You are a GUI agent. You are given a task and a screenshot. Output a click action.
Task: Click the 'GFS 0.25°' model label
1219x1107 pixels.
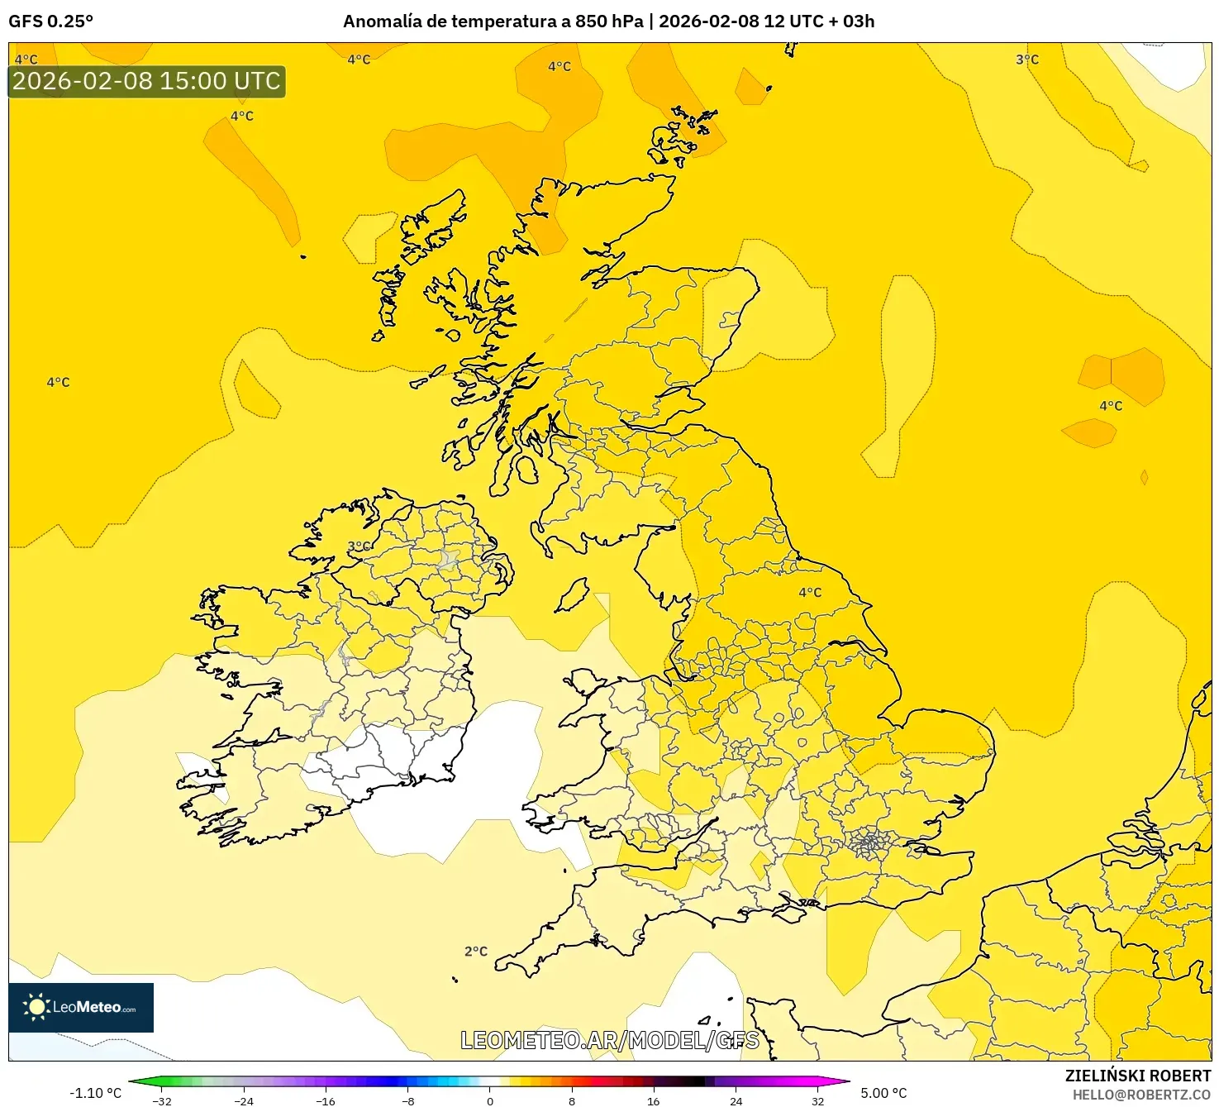click(50, 21)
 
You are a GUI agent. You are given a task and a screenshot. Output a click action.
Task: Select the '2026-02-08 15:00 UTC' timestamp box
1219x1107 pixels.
click(146, 81)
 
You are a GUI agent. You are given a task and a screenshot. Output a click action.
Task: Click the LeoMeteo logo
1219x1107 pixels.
click(81, 1007)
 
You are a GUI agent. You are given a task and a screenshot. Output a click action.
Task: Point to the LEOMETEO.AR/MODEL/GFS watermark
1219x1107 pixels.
click(609, 1040)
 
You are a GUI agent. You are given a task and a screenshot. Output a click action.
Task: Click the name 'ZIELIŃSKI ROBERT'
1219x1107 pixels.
click(1137, 1076)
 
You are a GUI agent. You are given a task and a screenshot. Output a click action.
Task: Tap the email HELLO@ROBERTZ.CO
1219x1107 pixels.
click(1141, 1095)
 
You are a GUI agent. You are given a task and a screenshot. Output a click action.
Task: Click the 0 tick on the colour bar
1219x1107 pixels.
click(490, 1100)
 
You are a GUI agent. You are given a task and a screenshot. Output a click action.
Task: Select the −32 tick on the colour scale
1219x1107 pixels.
click(162, 1100)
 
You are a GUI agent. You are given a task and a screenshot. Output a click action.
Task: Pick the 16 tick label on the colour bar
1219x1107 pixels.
click(654, 1100)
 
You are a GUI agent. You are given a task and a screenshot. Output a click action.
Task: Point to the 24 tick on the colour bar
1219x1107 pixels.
click(736, 1100)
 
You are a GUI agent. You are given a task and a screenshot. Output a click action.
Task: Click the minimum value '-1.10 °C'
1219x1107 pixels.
click(95, 1093)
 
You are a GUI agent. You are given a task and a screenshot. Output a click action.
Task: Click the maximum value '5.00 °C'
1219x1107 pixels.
click(883, 1093)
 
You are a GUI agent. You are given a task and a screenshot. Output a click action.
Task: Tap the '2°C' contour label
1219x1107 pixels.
click(476, 952)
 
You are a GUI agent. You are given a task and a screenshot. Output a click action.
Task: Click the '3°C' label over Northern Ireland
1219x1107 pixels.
click(359, 546)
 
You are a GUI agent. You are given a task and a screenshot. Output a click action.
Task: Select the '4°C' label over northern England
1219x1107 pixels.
click(810, 592)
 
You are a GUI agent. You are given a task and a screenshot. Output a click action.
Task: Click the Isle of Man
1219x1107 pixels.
click(572, 595)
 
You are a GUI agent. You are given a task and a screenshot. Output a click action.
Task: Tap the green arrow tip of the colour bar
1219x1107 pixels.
click(132, 1081)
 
